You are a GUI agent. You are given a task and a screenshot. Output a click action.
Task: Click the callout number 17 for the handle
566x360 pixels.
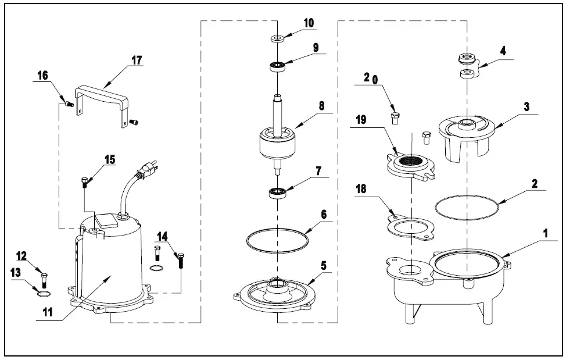[137, 60]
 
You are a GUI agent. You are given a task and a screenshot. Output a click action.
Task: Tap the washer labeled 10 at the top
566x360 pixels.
[277, 39]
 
